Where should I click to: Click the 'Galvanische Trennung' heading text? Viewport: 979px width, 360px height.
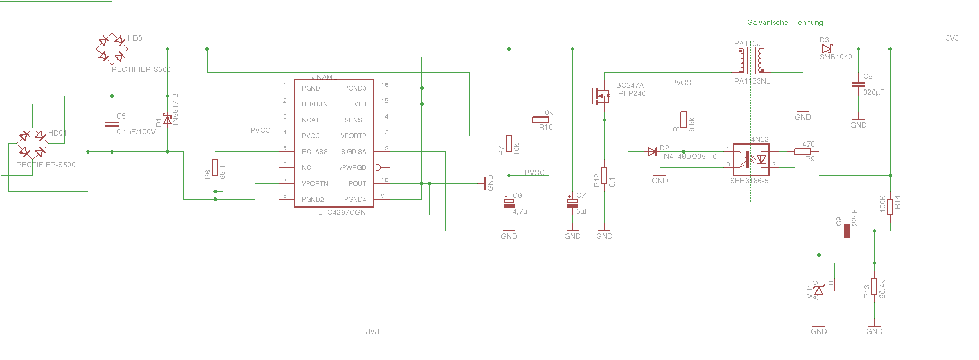tap(785, 22)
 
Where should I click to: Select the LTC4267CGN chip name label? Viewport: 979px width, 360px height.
tap(342, 212)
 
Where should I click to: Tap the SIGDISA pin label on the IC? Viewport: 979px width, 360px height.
tap(353, 152)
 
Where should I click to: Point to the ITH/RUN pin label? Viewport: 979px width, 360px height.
tap(315, 104)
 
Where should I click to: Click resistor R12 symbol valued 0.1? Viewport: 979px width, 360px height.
tap(604, 175)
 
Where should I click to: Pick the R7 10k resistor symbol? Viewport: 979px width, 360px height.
tap(509, 143)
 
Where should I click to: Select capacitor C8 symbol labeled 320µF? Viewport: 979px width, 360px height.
tap(858, 84)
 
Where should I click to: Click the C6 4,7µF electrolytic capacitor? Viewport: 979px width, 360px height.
tap(509, 203)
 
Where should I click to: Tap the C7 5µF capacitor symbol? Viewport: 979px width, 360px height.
tap(572, 203)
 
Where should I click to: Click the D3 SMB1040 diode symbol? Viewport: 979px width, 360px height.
tap(827, 49)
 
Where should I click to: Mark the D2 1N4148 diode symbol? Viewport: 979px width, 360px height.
tap(652, 152)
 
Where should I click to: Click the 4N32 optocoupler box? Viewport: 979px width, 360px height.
tap(751, 159)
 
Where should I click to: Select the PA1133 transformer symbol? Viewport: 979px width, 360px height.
tap(751, 60)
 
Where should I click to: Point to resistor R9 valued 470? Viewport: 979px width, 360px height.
tap(802, 152)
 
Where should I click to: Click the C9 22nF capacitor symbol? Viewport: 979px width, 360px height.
tap(846, 231)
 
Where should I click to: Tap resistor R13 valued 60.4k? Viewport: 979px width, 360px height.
tap(874, 286)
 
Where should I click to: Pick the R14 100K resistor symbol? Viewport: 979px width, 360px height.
tap(890, 206)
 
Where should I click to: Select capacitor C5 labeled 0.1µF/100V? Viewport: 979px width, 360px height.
tap(112, 124)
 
